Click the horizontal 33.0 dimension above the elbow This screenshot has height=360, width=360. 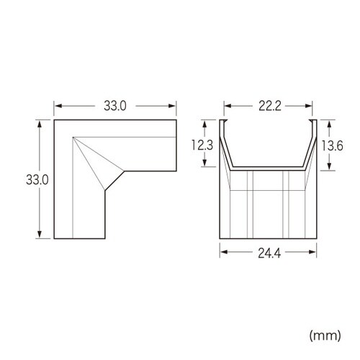(x=114, y=105)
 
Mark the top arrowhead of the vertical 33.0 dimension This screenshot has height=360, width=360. (x=40, y=123)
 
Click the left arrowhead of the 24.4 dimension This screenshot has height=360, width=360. (x=222, y=252)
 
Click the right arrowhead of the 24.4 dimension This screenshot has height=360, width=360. (x=315, y=252)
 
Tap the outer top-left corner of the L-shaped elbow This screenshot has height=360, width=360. (x=55, y=121)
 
